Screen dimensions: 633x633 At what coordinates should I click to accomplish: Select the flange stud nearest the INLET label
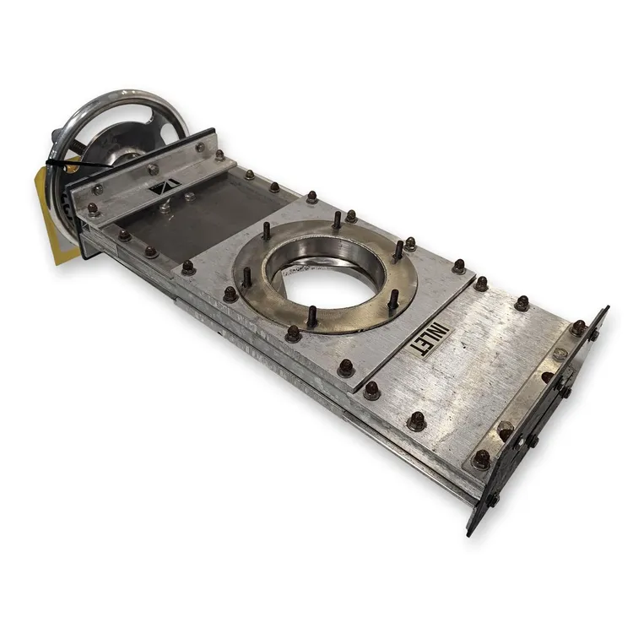pyautogui.click(x=394, y=299)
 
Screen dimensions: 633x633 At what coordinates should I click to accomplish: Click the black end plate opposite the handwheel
pyautogui.click(x=537, y=419)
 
